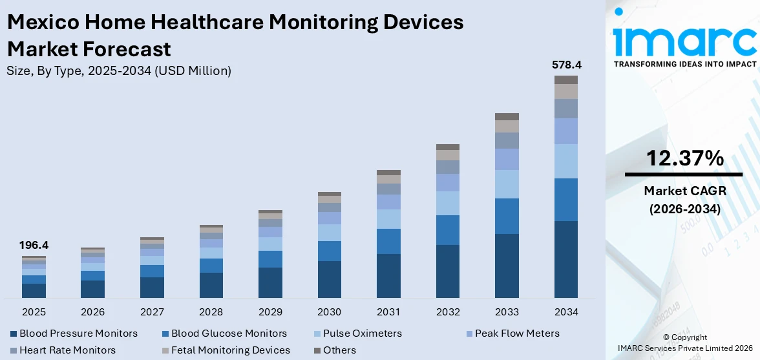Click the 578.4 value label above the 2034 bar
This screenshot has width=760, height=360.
566,65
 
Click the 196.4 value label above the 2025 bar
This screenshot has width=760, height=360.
34,245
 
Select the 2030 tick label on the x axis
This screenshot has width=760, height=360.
330,312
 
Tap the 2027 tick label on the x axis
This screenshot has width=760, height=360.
152,312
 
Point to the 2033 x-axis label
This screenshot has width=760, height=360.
507,312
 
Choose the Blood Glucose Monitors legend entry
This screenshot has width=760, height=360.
224,334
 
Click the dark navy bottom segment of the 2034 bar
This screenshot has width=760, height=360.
566,259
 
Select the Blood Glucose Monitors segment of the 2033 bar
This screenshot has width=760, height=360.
507,216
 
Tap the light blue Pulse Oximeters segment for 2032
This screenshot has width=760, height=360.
448,203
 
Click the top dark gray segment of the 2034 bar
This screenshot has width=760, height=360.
566,79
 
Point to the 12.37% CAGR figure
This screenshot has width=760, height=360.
684,158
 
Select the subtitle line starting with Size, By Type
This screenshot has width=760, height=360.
119,71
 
